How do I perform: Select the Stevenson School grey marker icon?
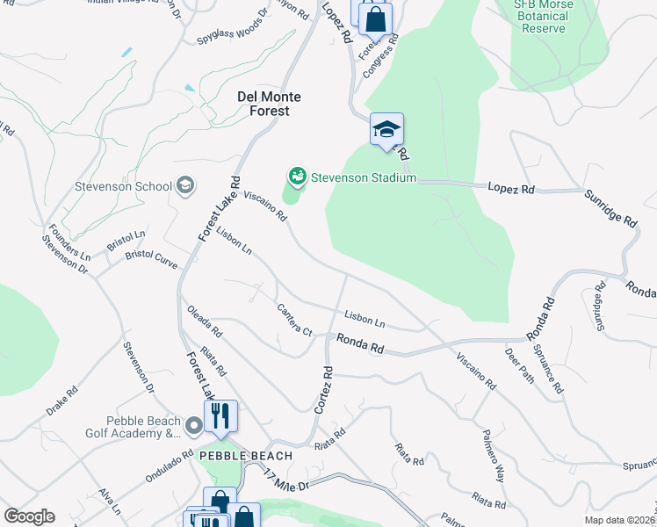[x=184, y=185]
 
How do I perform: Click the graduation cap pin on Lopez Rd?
[x=386, y=130]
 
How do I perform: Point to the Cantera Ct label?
[x=294, y=321]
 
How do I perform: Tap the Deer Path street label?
[x=519, y=365]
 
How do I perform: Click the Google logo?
[x=29, y=516]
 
